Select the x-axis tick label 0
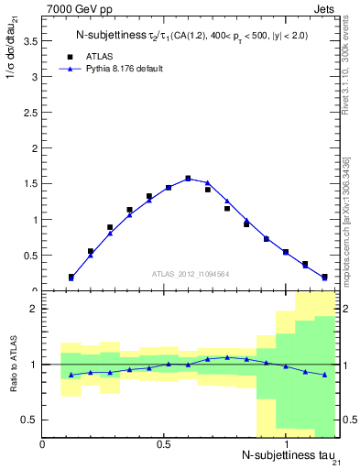click(43, 444)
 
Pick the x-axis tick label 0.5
click(164, 444)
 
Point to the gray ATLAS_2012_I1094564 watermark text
click(190, 273)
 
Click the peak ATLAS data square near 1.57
click(188, 179)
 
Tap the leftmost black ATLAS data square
click(71, 276)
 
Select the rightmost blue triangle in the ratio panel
click(324, 375)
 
